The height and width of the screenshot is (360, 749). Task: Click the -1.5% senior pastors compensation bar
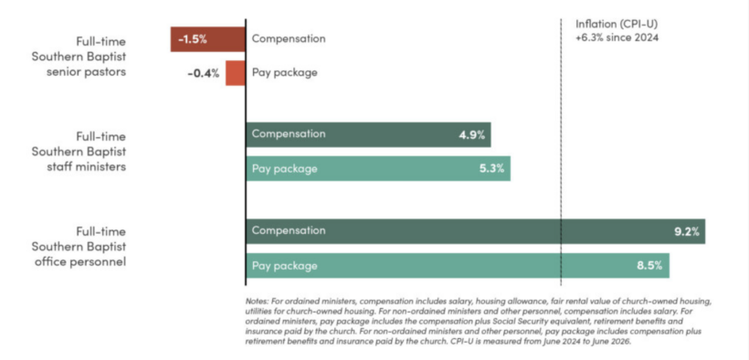point(208,39)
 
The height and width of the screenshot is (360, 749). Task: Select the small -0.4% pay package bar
point(236,73)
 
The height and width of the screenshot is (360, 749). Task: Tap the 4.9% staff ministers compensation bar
point(368,134)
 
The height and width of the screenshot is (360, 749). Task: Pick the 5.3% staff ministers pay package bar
point(378,168)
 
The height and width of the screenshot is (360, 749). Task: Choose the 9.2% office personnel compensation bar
point(476,231)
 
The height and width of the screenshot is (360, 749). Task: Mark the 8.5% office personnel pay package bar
point(458,265)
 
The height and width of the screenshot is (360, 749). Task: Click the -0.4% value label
point(204,74)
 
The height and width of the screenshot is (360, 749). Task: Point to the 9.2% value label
point(686,232)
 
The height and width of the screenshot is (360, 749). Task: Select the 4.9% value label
point(472,135)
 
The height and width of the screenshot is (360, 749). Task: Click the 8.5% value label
point(649,266)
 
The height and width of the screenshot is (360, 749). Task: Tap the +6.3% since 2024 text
point(617,37)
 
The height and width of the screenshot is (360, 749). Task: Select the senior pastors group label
point(79,57)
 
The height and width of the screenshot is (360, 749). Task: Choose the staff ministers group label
point(79,152)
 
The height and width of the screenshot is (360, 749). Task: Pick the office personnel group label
point(79,247)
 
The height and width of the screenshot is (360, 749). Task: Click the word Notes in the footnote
point(257,302)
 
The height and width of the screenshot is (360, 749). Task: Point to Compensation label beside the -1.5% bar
point(289,38)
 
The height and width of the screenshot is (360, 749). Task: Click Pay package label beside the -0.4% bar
point(285,73)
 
